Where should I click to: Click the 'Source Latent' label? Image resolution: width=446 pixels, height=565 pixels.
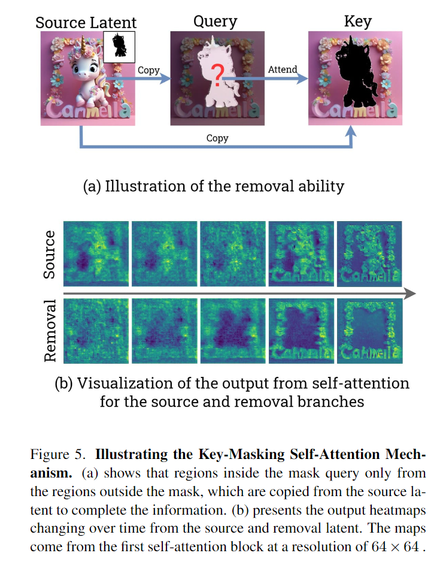point(86,23)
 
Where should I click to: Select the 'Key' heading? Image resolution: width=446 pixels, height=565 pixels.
point(357,22)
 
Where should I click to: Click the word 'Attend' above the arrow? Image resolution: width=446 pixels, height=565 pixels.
point(282,69)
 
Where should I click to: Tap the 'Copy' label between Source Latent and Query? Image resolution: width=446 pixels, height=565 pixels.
point(148,70)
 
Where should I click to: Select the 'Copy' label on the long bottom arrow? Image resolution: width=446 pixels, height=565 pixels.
point(217,138)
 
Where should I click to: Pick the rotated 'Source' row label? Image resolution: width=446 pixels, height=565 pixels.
point(50,254)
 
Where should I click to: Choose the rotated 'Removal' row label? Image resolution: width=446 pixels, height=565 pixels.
point(50,331)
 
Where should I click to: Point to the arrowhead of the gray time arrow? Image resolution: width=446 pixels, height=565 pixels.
point(410,293)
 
